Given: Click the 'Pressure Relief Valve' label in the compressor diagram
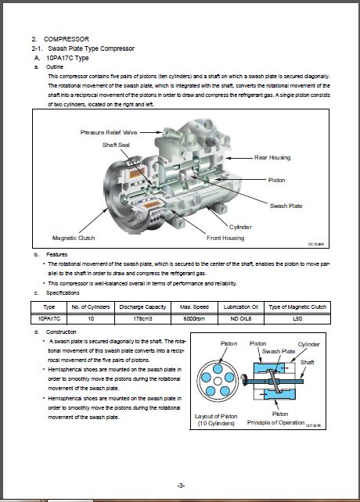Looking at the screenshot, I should pos(109,132).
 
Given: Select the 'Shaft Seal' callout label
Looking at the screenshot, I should pos(118,145).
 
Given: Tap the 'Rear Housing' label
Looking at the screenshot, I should pos(272,157).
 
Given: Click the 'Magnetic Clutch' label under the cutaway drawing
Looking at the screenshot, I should pos(74,238).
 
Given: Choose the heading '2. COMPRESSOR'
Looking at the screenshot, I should pos(60,38).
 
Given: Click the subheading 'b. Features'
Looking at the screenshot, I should pos(52,255).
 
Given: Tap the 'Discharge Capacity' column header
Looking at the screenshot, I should pos(142,307).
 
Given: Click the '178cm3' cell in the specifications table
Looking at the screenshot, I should pos(142,319).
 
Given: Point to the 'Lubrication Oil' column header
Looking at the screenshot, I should pos(241,307).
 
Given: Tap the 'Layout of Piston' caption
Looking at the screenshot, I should pos(217,416).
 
